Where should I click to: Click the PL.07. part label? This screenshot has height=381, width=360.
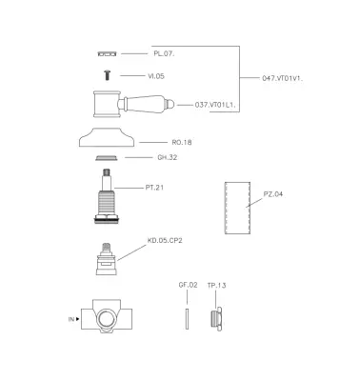click(164, 53)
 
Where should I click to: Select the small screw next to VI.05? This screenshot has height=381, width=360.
click(108, 75)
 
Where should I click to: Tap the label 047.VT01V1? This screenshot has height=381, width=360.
click(283, 78)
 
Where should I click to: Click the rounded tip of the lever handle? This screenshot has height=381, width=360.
click(172, 104)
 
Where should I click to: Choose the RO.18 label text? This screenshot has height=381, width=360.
click(182, 142)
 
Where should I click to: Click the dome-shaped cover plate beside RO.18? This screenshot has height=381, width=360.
click(107, 137)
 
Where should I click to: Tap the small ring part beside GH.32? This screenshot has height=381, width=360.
click(107, 158)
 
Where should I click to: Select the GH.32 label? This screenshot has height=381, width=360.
click(168, 157)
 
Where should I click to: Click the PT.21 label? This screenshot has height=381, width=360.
click(154, 188)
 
